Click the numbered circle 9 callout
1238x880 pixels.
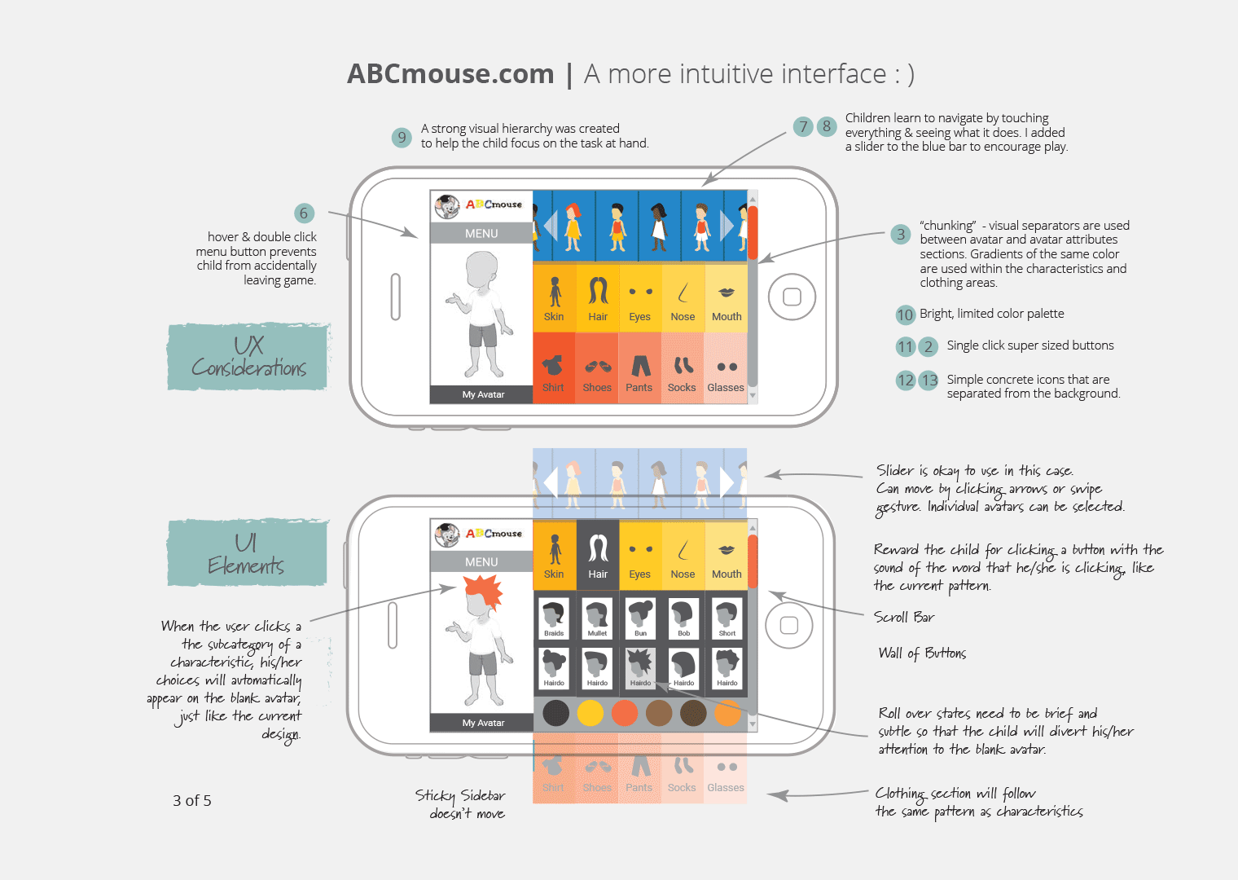point(402,137)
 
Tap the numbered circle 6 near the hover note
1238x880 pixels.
point(304,213)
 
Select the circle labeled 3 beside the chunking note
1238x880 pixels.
point(900,235)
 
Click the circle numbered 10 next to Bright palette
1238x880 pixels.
point(905,315)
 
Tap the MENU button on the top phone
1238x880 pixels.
point(481,234)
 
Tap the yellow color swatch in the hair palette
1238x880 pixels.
point(590,713)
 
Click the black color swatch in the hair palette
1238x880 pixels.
point(556,713)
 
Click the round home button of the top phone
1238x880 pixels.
point(792,297)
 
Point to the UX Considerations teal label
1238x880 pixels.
point(248,357)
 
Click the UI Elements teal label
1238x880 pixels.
point(247,554)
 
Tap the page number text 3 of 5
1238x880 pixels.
point(192,801)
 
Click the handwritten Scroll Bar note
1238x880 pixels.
point(904,618)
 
